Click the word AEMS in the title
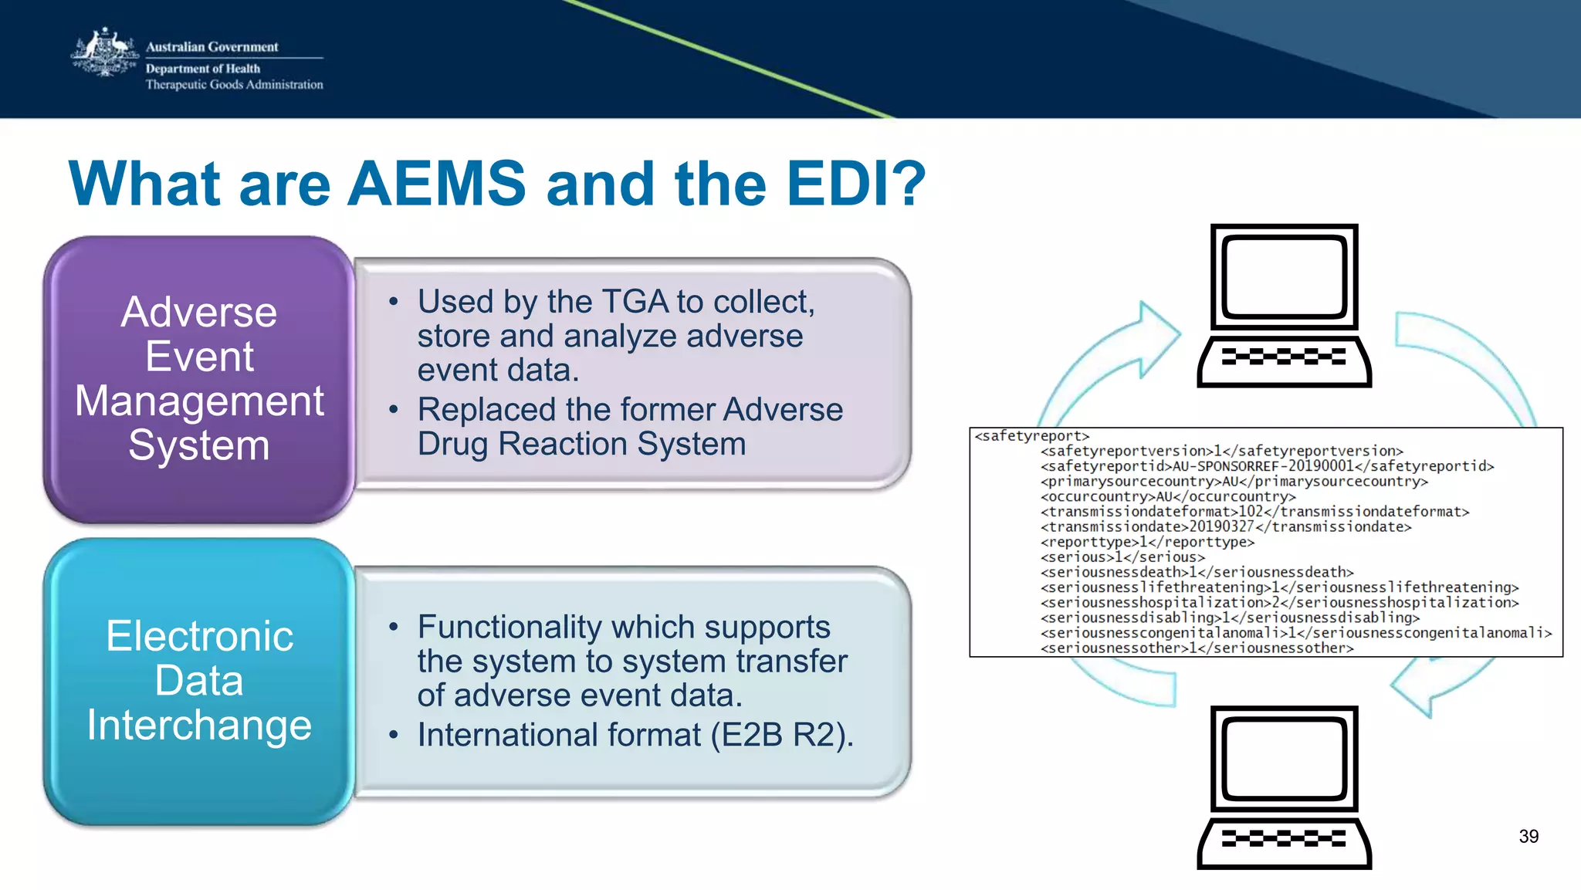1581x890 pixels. click(437, 184)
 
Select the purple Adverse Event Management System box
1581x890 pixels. click(199, 379)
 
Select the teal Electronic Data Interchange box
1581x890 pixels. click(199, 681)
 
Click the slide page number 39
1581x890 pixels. click(1528, 837)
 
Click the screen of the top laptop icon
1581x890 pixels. click(1284, 277)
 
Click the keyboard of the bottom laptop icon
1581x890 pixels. click(1284, 839)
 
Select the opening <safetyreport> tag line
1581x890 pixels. click(1031, 436)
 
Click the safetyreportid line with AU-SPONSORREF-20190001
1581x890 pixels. click(1266, 466)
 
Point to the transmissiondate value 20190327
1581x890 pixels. click(1221, 527)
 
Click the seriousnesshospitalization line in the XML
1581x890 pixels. click(1279, 603)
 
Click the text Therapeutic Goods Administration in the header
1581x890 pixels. click(235, 85)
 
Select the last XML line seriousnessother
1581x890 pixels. click(1197, 648)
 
